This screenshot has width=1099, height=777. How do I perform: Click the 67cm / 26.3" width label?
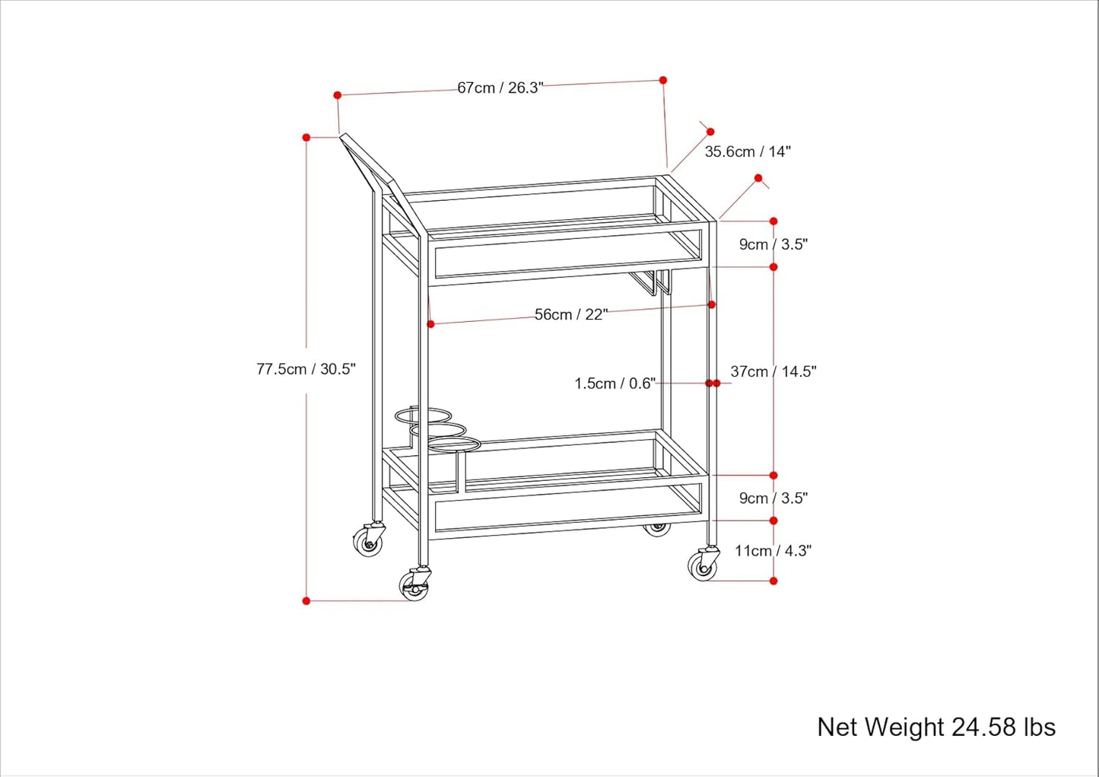pos(500,88)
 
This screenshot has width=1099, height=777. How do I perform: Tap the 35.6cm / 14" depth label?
pos(747,151)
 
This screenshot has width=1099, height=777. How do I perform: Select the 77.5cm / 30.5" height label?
pos(306,369)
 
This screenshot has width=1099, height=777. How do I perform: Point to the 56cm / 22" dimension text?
pos(570,314)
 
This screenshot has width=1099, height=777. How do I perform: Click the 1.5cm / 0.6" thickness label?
pos(614,384)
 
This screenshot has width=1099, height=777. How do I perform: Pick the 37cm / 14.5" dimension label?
pos(773,371)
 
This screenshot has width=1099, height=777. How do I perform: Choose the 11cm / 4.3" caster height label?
pos(773,550)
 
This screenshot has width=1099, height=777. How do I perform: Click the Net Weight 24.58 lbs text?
pos(935,727)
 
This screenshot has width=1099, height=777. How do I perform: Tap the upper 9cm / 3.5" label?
pos(773,244)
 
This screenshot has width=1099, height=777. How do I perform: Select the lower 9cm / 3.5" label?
pos(773,498)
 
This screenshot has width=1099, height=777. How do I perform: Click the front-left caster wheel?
pos(415,584)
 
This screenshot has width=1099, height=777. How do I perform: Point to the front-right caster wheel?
pos(703,565)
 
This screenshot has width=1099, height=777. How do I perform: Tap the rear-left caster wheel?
pos(370,540)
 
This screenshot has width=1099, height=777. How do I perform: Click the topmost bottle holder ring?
pos(423,416)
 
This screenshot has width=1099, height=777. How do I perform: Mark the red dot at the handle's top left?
pos(307,138)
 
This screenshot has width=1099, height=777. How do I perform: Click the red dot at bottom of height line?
pos(307,601)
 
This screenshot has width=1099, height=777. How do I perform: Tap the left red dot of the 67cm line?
pos(337,95)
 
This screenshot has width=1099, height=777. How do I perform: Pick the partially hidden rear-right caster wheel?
pos(656,527)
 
